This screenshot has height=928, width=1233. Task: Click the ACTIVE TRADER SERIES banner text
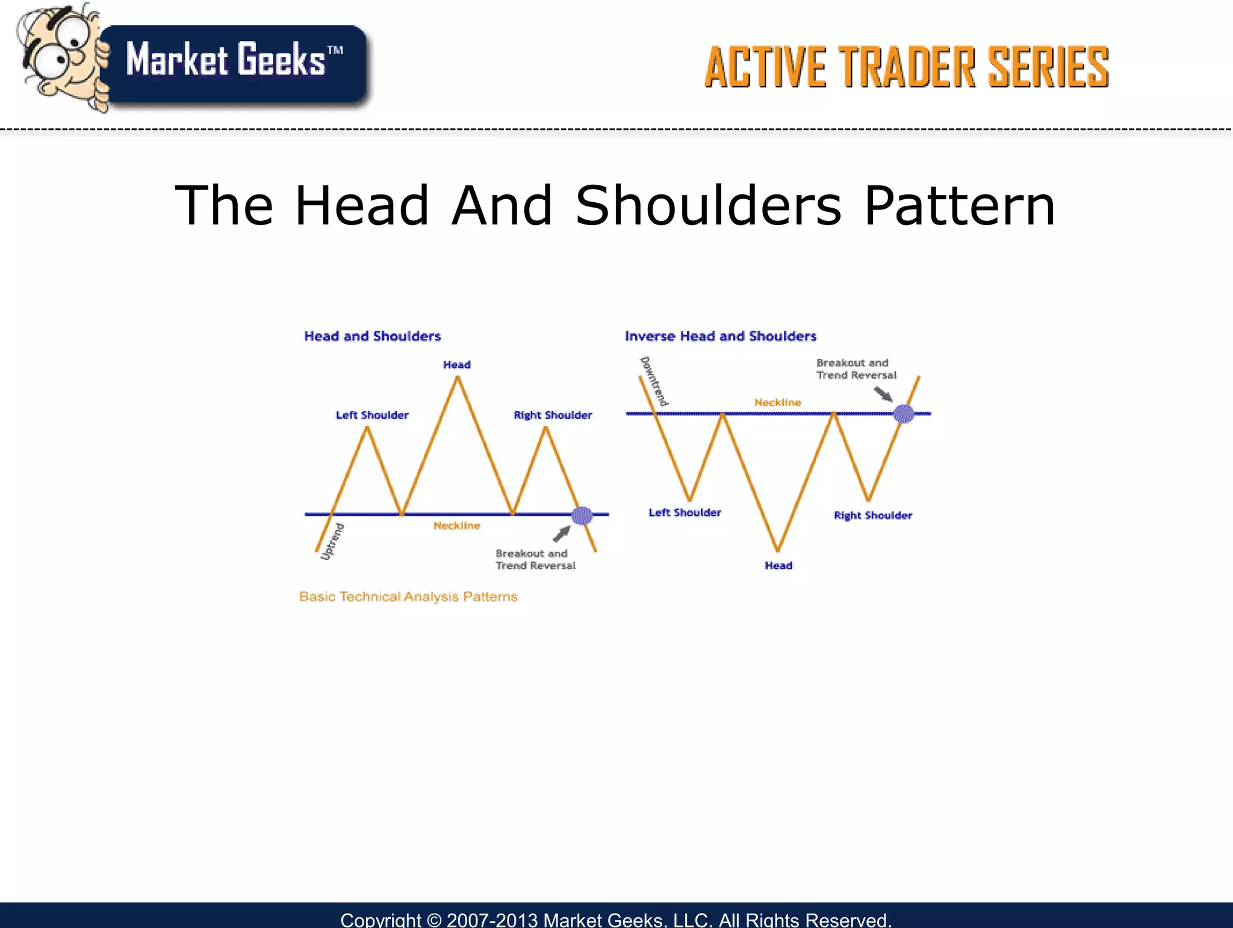pos(906,67)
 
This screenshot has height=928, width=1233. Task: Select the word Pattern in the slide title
pos(959,206)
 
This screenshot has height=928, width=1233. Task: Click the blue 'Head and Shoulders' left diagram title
pos(372,336)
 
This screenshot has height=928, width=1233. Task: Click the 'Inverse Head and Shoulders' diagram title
pos(720,336)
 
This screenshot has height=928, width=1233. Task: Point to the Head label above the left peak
pos(456,365)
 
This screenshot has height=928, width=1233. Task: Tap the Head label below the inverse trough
pos(778,565)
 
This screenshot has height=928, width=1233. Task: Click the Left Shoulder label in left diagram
pos(371,415)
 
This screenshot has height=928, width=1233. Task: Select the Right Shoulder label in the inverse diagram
pos(872,515)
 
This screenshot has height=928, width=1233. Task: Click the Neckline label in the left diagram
pos(456,525)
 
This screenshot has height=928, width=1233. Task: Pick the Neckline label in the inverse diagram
pos(777,402)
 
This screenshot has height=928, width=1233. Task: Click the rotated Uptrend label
pos(332,542)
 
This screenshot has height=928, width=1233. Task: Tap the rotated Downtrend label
pos(654,381)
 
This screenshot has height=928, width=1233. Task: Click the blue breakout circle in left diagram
pos(582,515)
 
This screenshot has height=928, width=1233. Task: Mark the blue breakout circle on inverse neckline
pos(903,413)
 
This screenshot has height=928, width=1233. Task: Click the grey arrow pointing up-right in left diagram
pos(562,533)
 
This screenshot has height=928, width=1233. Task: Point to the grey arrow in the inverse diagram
pos(883,394)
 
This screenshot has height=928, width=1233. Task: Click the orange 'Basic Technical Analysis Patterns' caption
pos(408,596)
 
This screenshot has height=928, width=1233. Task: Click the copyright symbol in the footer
pos(433,920)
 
